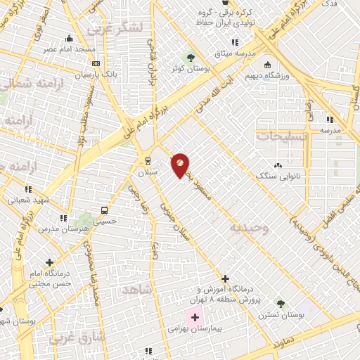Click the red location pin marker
point(180,165)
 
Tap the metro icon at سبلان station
point(148,161)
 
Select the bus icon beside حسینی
point(105,210)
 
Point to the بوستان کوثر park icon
point(189,58)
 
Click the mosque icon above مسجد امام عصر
point(68,39)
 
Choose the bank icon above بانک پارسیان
point(96,63)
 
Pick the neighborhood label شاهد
point(136,289)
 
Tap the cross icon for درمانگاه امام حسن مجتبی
point(49,263)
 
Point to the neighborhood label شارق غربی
point(77,338)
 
